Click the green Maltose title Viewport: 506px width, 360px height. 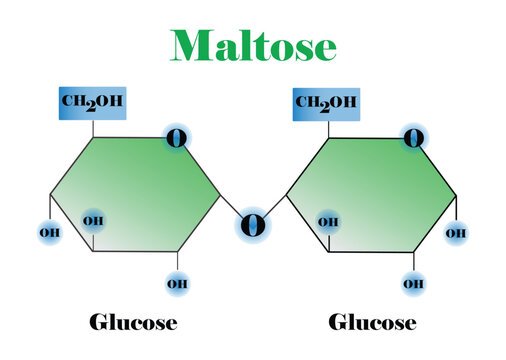pyautogui.click(x=253, y=44)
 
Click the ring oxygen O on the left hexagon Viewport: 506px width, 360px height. pyautogui.click(x=177, y=138)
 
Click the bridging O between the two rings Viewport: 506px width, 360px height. pyautogui.click(x=253, y=225)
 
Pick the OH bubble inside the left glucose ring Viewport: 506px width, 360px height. pyautogui.click(x=93, y=220)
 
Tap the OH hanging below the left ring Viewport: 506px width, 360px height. pyautogui.click(x=178, y=284)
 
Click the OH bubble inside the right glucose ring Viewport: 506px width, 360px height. pyautogui.click(x=327, y=221)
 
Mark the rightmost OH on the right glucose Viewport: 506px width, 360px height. pyautogui.click(x=456, y=233)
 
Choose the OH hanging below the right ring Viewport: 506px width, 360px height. pyautogui.click(x=413, y=284)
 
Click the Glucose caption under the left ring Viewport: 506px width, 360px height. pyautogui.click(x=133, y=322)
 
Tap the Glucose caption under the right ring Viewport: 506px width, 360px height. pyautogui.click(x=372, y=322)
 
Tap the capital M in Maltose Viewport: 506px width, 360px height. pyautogui.click(x=191, y=45)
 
